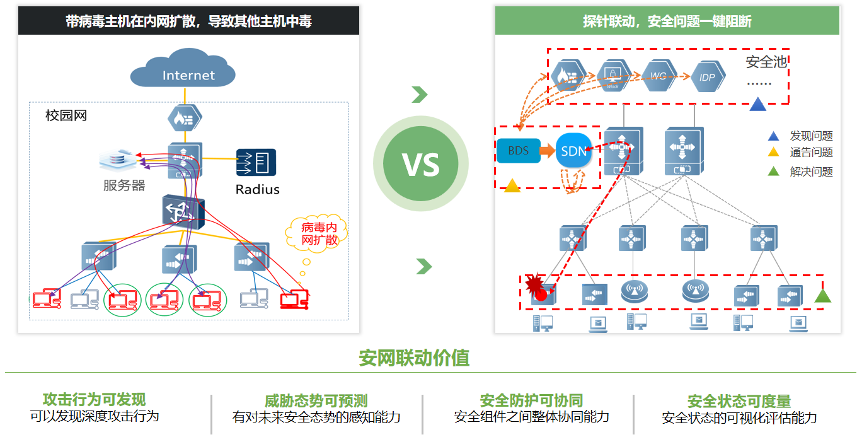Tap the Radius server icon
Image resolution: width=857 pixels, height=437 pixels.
pos(256,163)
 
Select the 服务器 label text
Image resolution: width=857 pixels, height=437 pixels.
pos(124,185)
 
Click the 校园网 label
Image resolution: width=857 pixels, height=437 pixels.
pos(66,116)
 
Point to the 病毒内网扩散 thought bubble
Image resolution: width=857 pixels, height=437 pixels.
pos(316,234)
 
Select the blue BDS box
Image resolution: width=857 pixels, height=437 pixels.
pos(518,151)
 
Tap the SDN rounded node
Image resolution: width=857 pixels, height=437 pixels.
pos(573,151)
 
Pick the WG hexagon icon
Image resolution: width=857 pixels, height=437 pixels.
pos(659,76)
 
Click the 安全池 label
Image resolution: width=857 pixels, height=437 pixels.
pos(766,62)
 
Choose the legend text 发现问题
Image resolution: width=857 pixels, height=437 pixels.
pos(811,136)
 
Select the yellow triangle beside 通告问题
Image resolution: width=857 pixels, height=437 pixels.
pos(773,152)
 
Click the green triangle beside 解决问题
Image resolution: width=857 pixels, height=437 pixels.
pos(773,171)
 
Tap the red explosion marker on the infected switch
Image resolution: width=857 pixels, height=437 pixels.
pos(536,286)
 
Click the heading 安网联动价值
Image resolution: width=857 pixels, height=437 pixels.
pos(414,358)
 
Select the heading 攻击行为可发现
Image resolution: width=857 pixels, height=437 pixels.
pos(94,399)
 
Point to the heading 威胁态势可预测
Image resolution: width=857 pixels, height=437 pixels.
pos(316,401)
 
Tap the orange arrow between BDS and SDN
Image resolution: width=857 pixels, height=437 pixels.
pos(548,151)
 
